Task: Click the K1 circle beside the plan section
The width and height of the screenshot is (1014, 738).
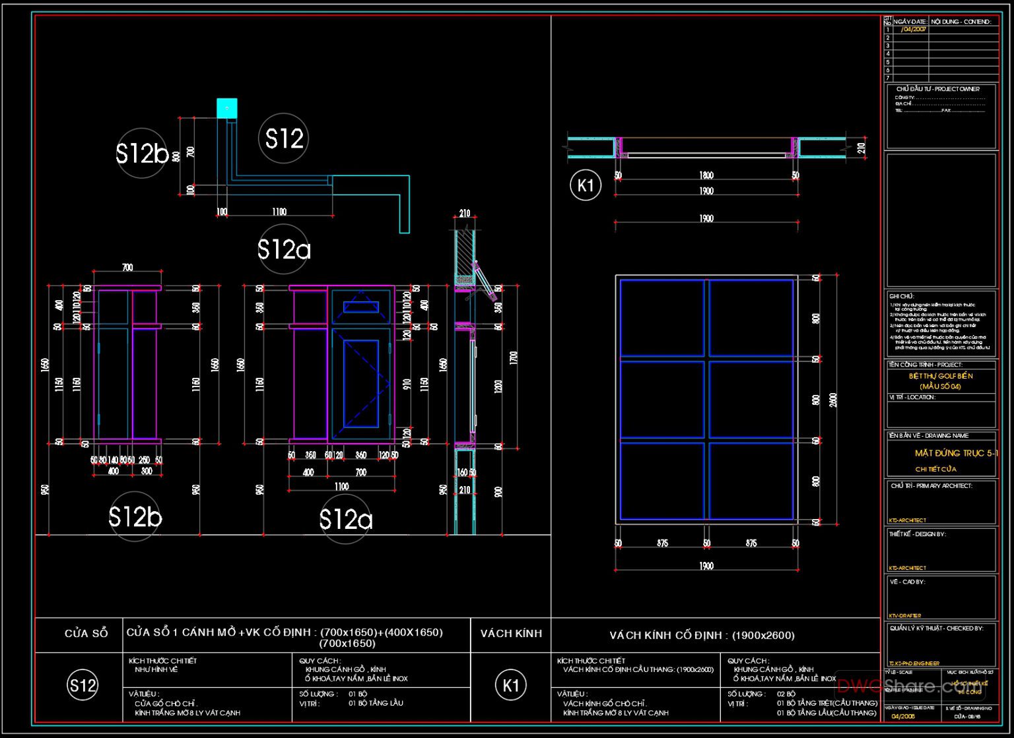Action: (585, 185)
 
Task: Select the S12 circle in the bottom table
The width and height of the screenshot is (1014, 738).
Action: (83, 685)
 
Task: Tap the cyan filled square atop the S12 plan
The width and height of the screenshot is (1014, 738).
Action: (226, 108)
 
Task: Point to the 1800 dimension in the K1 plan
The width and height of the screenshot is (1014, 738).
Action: (706, 175)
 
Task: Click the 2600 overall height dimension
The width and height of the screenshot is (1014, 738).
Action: (833, 400)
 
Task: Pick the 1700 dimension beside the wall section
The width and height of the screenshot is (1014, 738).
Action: (514, 358)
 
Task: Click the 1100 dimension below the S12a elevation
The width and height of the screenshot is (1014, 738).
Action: (341, 487)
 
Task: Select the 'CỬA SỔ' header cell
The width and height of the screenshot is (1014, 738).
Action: (86, 633)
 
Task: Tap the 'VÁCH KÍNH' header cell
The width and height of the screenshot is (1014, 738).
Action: (511, 633)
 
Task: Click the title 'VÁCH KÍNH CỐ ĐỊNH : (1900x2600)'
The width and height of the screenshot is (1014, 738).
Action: (702, 636)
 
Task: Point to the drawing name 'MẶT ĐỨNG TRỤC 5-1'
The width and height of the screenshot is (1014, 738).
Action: (955, 453)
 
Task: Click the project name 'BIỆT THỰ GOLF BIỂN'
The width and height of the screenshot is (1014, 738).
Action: (940, 376)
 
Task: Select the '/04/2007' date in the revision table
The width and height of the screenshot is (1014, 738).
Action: (913, 30)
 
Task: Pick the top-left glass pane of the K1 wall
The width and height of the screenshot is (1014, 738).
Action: (661, 317)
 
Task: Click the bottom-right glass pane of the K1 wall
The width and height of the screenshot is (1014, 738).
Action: (751, 481)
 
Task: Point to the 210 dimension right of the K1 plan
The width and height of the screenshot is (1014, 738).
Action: (861, 148)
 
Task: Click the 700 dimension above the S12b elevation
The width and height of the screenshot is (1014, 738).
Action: (127, 267)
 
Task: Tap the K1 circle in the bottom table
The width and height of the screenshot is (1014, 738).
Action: (511, 685)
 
